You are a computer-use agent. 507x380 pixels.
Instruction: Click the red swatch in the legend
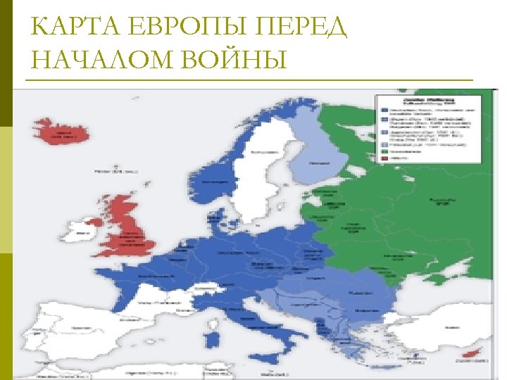(x=385, y=158)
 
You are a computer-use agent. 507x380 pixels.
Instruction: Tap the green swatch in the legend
(x=385, y=151)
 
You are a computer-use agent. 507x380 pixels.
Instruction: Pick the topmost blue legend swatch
(x=385, y=110)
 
